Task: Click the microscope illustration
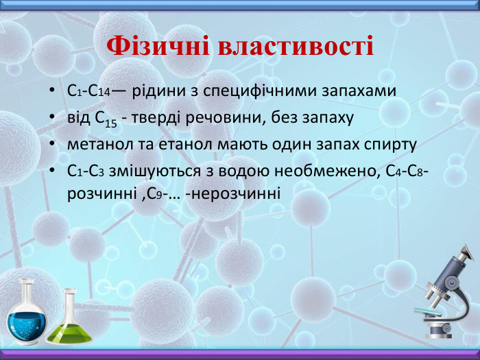[446, 295]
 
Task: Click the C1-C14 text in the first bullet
[89, 92]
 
